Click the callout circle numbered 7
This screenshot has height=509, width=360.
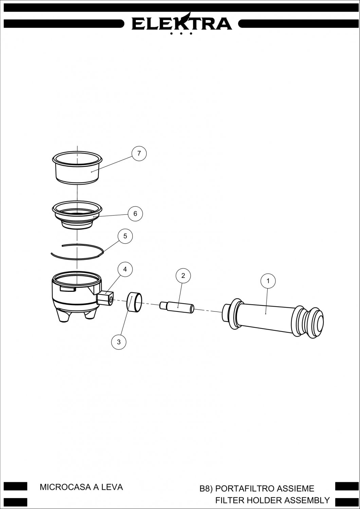coord(139,154)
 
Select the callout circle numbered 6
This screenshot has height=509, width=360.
coord(135,213)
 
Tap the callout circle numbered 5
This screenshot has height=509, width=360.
coord(125,236)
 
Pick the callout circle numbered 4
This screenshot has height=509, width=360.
coord(125,269)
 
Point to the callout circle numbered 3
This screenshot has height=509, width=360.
coord(119,342)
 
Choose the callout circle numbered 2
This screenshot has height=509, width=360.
coord(183,276)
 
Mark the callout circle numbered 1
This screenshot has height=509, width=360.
coord(268,281)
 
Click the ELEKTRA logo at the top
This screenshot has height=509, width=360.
coord(182,24)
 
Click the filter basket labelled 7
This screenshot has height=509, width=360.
coord(77,168)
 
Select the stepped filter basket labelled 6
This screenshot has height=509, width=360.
coord(77,215)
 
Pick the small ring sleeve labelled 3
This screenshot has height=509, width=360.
coord(134,302)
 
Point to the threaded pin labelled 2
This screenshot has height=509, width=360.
coord(177,307)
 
